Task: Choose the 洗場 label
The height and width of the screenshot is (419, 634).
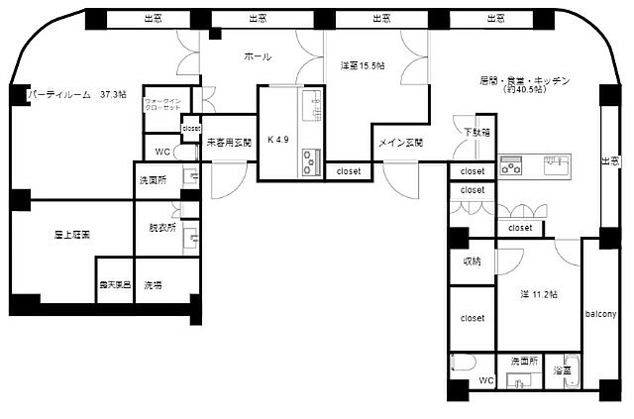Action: click(x=153, y=284)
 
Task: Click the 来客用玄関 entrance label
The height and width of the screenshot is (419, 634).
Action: click(x=228, y=143)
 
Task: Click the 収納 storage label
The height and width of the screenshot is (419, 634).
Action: click(x=472, y=262)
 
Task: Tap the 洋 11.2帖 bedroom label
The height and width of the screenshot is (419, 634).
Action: click(x=539, y=294)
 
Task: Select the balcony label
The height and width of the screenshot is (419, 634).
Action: click(x=600, y=314)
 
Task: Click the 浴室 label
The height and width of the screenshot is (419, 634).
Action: click(x=563, y=369)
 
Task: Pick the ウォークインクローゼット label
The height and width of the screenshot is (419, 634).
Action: click(x=162, y=104)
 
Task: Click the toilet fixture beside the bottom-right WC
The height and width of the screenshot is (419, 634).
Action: click(x=459, y=366)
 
